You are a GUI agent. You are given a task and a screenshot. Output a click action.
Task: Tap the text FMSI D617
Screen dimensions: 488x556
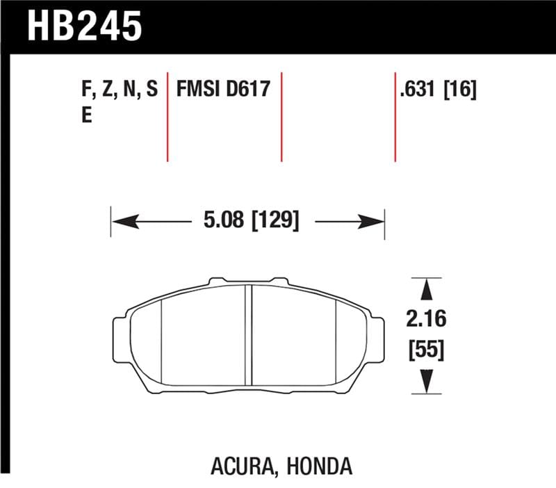[x=223, y=90]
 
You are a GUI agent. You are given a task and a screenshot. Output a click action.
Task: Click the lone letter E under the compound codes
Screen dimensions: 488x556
[x=87, y=115]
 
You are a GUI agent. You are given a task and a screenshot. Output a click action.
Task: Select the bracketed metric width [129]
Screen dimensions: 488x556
[x=275, y=222]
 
